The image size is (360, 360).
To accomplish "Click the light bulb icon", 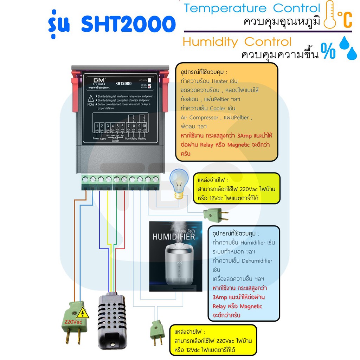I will pyautogui.click(x=179, y=185).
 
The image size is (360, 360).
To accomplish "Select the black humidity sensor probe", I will pyautogui.click(x=111, y=318).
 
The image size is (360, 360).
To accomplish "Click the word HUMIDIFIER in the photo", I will pyautogui.click(x=173, y=237).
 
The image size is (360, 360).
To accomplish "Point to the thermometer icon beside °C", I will pyautogui.click(x=329, y=14).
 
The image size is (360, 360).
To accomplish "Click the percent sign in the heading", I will pyautogui.click(x=328, y=52).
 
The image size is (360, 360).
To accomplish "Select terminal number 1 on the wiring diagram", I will pyautogui.click(x=97, y=126).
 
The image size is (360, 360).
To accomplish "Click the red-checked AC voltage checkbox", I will pyautogui.click(x=150, y=86).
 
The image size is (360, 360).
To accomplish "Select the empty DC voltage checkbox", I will pyautogui.click(x=150, y=79).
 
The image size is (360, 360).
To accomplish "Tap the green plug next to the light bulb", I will pyautogui.click(x=213, y=214).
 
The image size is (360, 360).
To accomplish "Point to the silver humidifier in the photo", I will pyautogui.click(x=176, y=264).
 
